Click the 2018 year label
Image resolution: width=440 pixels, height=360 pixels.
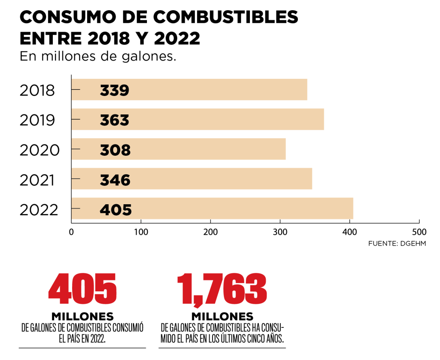coord(37,90)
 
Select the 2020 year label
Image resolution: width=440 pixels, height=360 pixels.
coord(40,150)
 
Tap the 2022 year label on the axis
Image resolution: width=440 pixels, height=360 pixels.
coord(39,209)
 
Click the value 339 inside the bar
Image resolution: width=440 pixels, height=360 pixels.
coord(114,90)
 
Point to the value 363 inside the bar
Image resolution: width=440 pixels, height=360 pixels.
coord(114,120)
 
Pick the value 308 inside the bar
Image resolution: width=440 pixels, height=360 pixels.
coord(115,150)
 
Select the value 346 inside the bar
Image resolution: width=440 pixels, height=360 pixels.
coord(115,180)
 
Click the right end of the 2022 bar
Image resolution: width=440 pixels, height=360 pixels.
coord(352,209)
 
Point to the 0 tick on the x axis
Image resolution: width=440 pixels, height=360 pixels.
coord(71,231)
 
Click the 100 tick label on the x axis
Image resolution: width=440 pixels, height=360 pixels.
coord(141,231)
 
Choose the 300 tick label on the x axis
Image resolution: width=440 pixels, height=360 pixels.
coord(280,231)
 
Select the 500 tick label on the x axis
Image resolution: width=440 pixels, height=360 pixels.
coord(419,231)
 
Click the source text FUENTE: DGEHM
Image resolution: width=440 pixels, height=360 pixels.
coord(397,243)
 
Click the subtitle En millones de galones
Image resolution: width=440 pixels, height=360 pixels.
coord(98,57)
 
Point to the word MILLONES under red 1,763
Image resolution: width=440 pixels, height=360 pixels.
coord(222,316)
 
